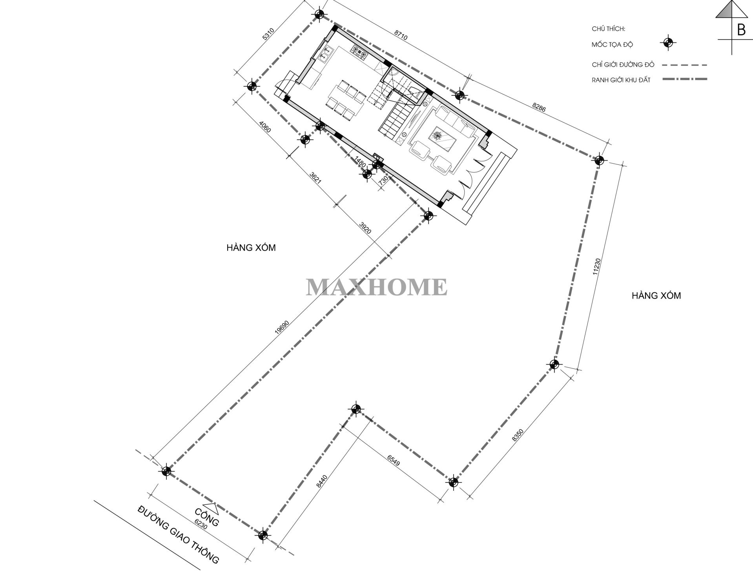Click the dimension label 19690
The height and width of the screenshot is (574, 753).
click(x=282, y=323)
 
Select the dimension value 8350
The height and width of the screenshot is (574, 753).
click(x=518, y=436)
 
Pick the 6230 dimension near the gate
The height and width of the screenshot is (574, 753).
click(x=201, y=525)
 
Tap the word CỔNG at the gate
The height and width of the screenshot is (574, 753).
click(x=207, y=517)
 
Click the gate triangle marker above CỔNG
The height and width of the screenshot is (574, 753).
click(x=209, y=507)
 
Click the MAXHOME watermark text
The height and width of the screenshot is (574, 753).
click(x=376, y=287)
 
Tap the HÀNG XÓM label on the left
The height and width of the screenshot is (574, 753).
click(x=251, y=248)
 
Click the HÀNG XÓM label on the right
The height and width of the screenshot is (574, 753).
click(x=656, y=295)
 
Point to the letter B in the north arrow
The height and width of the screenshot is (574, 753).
click(x=741, y=30)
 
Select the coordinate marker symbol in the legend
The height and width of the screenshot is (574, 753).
click(x=667, y=43)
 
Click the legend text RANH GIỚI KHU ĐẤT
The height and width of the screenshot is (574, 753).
click(x=621, y=80)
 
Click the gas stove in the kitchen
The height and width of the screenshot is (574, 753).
click(x=359, y=51)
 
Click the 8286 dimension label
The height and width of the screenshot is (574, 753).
click(x=539, y=108)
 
